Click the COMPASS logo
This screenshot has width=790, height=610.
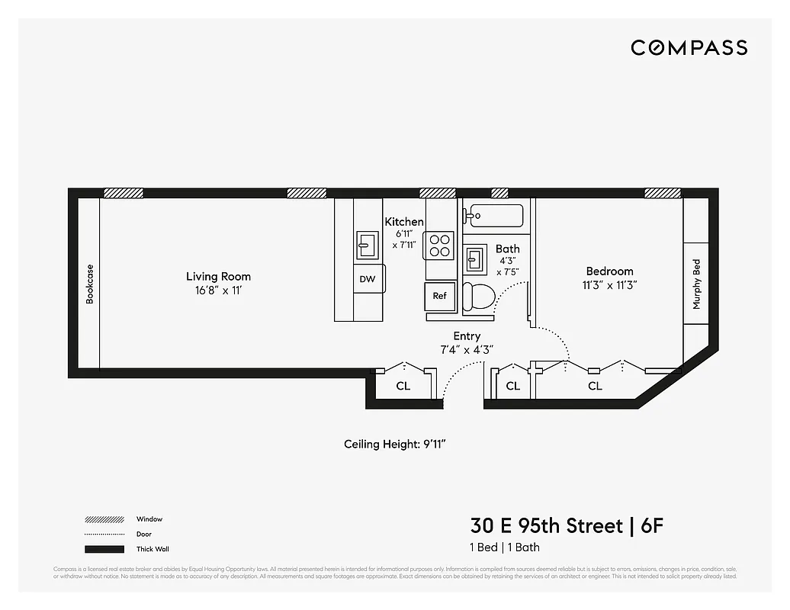point(689,48)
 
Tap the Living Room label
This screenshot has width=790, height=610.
point(218,277)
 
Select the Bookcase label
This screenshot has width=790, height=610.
point(90,284)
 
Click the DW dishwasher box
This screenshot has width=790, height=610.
point(368,279)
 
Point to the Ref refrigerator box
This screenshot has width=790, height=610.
point(440,296)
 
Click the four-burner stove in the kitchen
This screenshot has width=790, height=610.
point(439,245)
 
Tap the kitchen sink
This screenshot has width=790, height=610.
point(367,245)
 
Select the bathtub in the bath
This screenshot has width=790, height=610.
point(495,216)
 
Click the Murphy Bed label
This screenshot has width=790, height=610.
point(696,284)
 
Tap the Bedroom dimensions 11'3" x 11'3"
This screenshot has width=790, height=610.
point(610,285)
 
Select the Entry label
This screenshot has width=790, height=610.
point(467,336)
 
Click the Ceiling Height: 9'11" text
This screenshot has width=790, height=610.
point(400,445)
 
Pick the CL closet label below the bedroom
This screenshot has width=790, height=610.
point(595,387)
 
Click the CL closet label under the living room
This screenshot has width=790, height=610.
point(403,387)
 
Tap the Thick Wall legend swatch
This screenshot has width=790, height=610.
point(104,549)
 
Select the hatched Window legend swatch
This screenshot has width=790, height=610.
point(104,519)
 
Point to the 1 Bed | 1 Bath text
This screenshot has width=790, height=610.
point(505,547)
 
